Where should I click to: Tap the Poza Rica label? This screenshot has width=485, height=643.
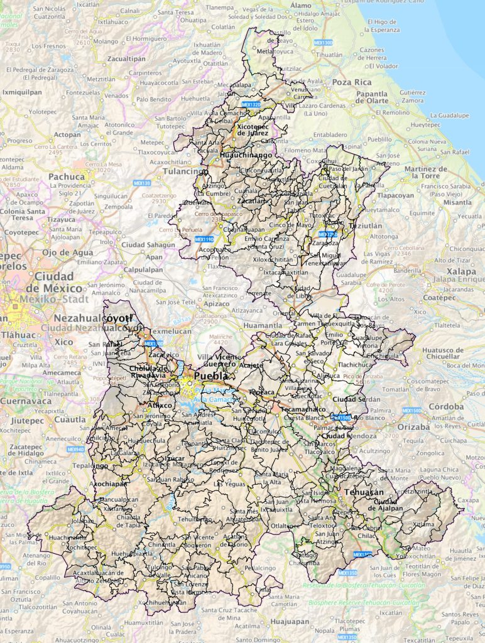[351, 82]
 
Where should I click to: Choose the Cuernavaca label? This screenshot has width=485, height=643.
[26, 401]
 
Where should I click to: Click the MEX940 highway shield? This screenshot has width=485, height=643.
[75, 449]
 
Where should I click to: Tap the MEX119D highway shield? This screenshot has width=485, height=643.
[204, 239]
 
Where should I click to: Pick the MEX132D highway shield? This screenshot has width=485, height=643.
[250, 104]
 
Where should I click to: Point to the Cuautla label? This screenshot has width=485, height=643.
[70, 419]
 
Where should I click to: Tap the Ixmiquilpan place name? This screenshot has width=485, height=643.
[22, 92]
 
